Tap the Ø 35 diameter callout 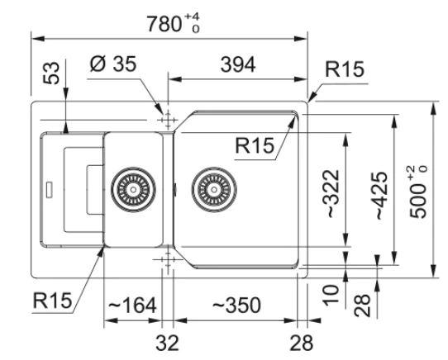click(113, 64)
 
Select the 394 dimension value click(238, 64)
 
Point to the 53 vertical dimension click(51, 73)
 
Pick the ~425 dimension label click(381, 195)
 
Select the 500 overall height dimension click(418, 192)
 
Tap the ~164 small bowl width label click(132, 305)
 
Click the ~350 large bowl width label click(237, 305)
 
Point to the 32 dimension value click(168, 343)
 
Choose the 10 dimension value click(331, 295)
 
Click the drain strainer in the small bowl click(133, 190)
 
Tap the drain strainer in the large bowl click(214, 189)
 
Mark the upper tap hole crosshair click(168, 120)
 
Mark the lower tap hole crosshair click(168, 259)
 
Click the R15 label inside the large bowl click(255, 145)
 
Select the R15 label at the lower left click(52, 300)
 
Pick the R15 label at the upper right click(345, 69)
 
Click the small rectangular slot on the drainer click(49, 189)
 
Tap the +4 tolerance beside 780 click(192, 17)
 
